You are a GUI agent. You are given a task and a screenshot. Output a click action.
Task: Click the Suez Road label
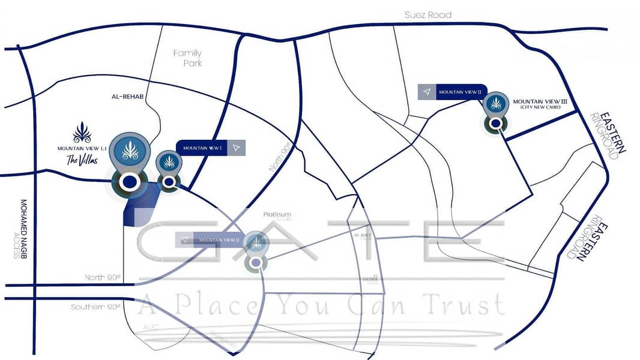tap(427, 14)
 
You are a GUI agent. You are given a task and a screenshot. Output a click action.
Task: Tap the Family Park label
tap(187, 58)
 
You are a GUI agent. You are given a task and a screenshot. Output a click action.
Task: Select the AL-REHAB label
tap(125, 96)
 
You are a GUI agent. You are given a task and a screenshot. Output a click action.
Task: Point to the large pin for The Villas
tap(130, 150)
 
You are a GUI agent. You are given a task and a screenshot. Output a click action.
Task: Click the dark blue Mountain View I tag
tap(202, 148)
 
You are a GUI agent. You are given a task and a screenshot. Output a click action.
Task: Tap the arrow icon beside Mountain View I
tap(237, 148)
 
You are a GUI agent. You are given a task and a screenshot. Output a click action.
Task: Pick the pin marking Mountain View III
tap(496, 105)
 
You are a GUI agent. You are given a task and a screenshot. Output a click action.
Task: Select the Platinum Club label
tap(277, 215)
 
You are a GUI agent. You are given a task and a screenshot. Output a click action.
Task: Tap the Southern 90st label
tap(96, 307)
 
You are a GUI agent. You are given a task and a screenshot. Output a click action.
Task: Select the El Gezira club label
tap(369, 279)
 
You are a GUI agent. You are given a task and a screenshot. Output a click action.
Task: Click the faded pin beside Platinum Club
tap(256, 244)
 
